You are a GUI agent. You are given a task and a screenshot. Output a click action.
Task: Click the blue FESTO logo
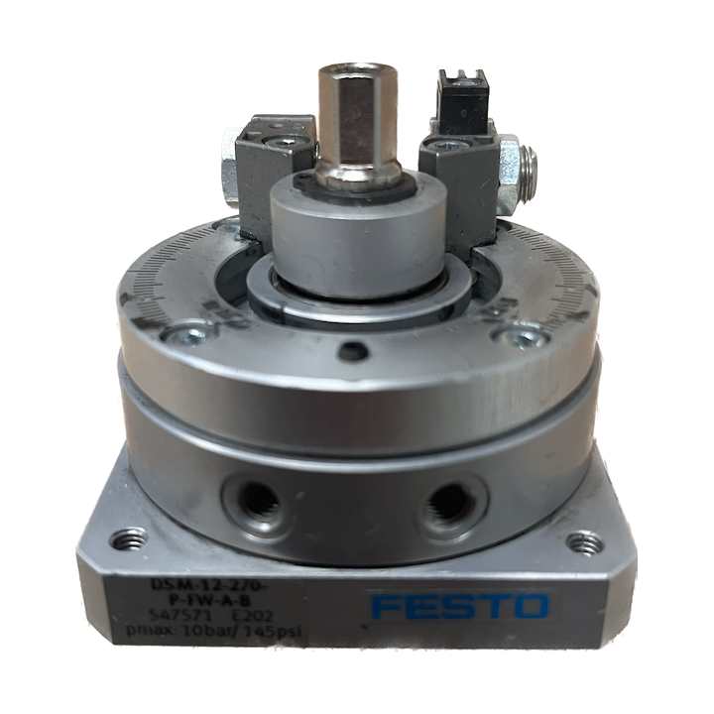458,606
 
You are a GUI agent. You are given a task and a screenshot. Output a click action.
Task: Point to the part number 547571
185,616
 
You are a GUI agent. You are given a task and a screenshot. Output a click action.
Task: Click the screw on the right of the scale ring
517,339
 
